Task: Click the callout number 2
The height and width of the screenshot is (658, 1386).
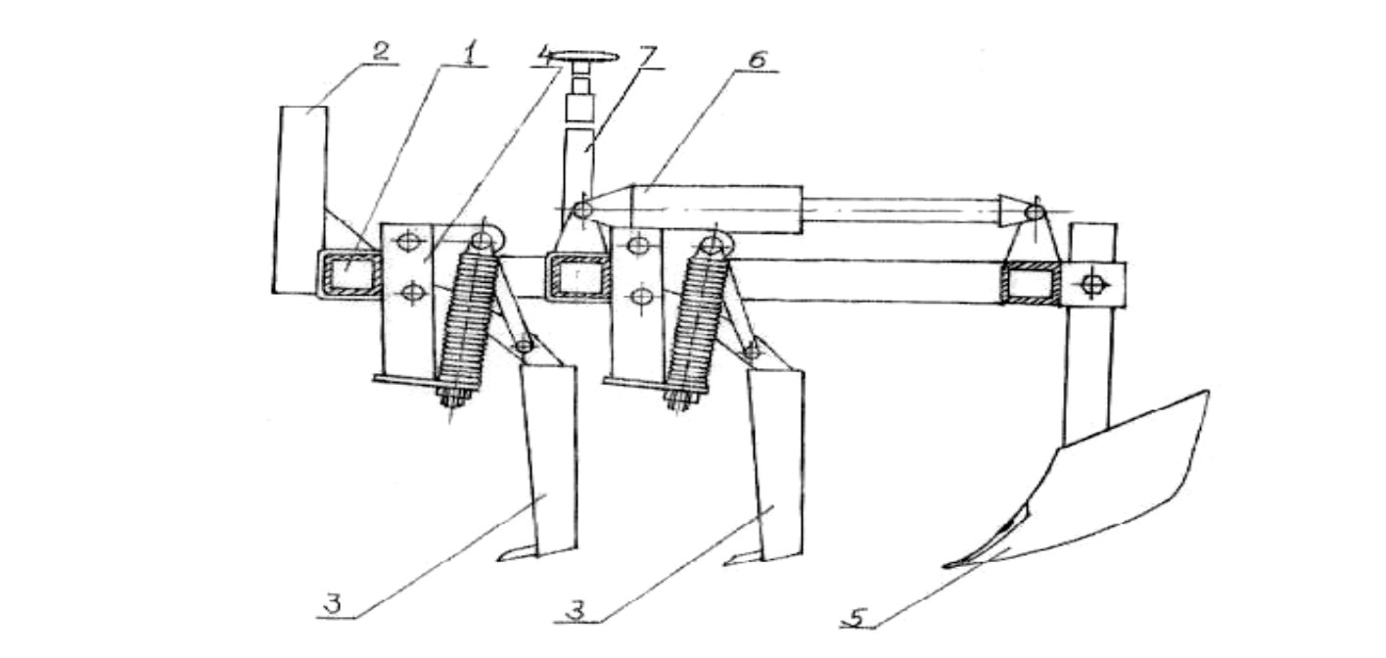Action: [x=380, y=51]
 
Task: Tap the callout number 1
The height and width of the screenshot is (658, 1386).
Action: [x=469, y=54]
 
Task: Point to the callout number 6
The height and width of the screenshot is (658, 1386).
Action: [x=756, y=61]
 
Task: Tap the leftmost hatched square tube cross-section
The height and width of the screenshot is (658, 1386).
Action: [x=349, y=273]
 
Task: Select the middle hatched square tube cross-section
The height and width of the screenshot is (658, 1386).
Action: [x=577, y=275]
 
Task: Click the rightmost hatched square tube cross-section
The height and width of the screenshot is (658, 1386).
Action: [x=1032, y=283]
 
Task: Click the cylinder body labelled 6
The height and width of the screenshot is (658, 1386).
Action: [x=716, y=210]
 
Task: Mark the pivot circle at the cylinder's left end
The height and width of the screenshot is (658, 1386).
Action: [x=582, y=210]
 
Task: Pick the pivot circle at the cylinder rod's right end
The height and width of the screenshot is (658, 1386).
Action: [x=1035, y=212]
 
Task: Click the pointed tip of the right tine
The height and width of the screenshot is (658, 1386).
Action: [x=726, y=563]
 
